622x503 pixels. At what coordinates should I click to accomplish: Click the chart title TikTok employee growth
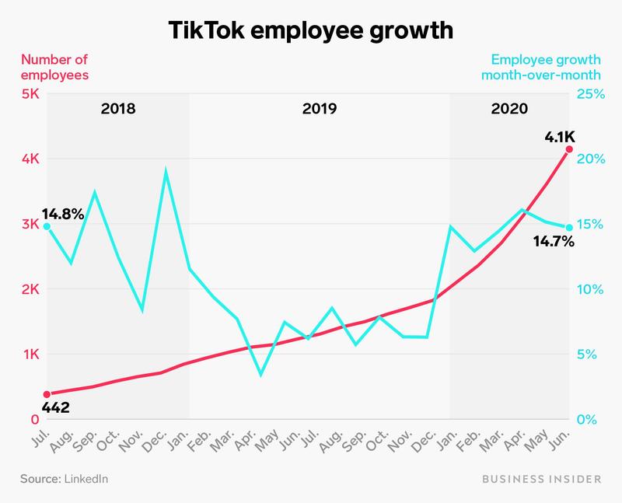click(x=310, y=32)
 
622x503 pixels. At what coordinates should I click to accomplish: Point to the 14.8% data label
click(x=62, y=212)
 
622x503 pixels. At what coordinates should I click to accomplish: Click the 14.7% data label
click(x=552, y=242)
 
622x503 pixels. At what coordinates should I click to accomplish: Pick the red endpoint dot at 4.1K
click(x=568, y=148)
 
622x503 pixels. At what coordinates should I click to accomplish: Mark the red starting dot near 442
click(x=47, y=394)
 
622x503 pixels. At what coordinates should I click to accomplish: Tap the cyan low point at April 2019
click(x=260, y=375)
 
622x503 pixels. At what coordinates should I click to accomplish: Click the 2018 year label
click(x=118, y=109)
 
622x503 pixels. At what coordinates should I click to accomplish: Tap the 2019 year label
click(x=320, y=109)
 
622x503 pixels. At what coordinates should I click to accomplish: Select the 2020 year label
click(x=509, y=109)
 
